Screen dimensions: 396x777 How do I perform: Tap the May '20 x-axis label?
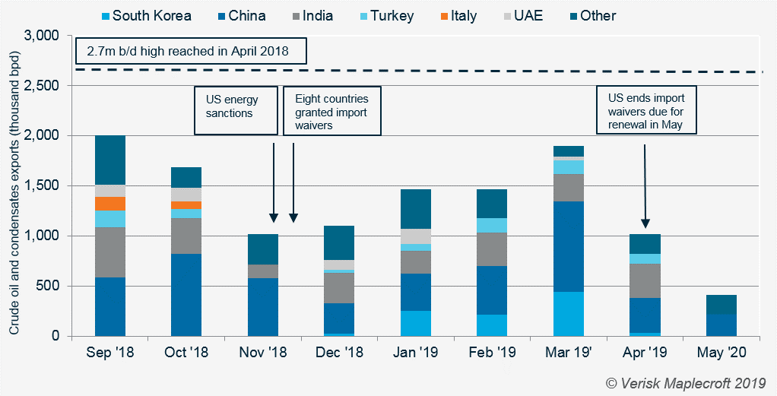tap(721, 353)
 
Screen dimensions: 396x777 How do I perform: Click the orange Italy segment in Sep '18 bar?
tap(110, 203)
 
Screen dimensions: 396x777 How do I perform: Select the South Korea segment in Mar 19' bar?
tap(568, 314)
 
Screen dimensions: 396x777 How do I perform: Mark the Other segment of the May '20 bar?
tap(721, 304)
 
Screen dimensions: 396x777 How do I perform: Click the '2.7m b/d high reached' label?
tap(191, 52)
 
